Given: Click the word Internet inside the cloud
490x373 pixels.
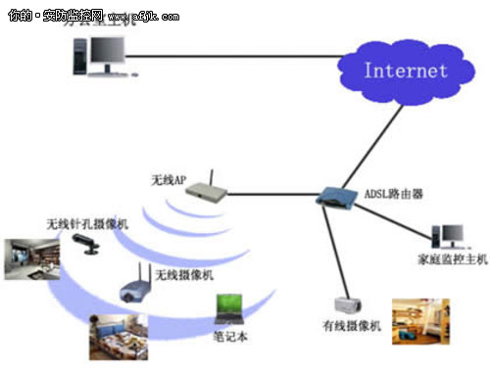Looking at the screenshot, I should click(x=405, y=70).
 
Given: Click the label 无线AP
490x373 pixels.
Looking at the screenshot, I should click(x=168, y=180).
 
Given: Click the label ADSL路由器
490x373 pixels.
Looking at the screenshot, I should click(x=392, y=194).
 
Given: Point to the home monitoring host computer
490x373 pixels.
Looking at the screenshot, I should click(x=448, y=235).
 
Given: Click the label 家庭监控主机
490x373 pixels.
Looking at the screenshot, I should click(x=446, y=259).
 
